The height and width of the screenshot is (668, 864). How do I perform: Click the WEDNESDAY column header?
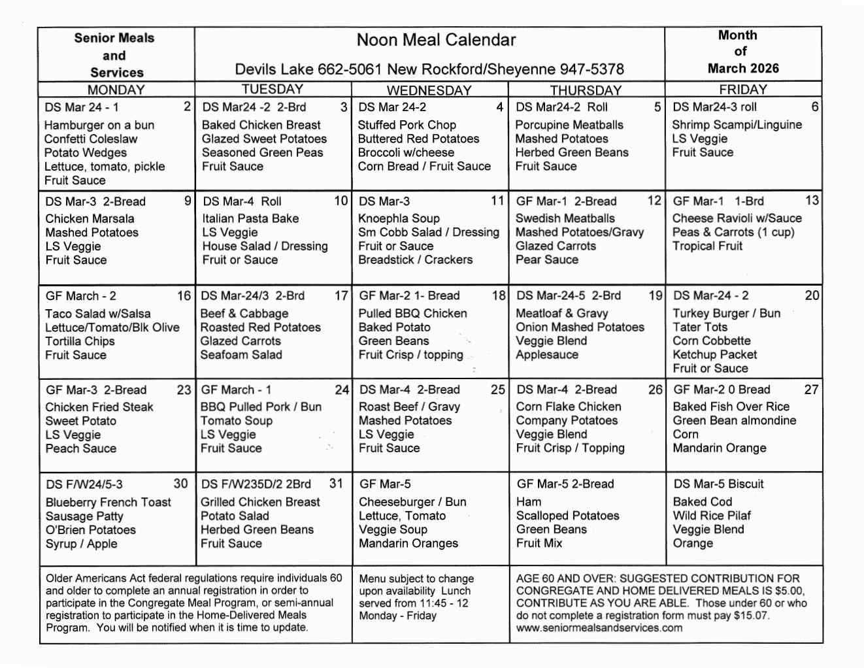(429, 90)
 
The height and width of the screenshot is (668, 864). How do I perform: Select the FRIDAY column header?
(742, 90)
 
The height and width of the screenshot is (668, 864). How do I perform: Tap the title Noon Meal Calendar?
(436, 41)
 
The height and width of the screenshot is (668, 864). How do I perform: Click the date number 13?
(812, 201)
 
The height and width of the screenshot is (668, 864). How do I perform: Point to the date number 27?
(810, 390)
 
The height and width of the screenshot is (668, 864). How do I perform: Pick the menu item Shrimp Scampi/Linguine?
(737, 125)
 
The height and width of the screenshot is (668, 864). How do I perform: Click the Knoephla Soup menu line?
(399, 218)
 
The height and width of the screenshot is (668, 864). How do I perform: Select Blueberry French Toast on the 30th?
(108, 502)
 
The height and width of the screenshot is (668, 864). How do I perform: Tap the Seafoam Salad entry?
(241, 354)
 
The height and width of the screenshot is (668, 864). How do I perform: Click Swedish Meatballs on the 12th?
(565, 218)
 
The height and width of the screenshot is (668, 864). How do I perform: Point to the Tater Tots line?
(699, 327)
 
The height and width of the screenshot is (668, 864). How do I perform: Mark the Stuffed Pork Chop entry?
(407, 125)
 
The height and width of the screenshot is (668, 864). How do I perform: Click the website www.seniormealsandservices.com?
(599, 627)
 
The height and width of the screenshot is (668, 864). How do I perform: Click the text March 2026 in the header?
(743, 68)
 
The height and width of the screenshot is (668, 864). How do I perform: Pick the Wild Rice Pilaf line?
(712, 515)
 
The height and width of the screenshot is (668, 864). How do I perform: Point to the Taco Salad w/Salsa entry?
(97, 314)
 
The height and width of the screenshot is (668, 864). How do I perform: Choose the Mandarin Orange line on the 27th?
(719, 448)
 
